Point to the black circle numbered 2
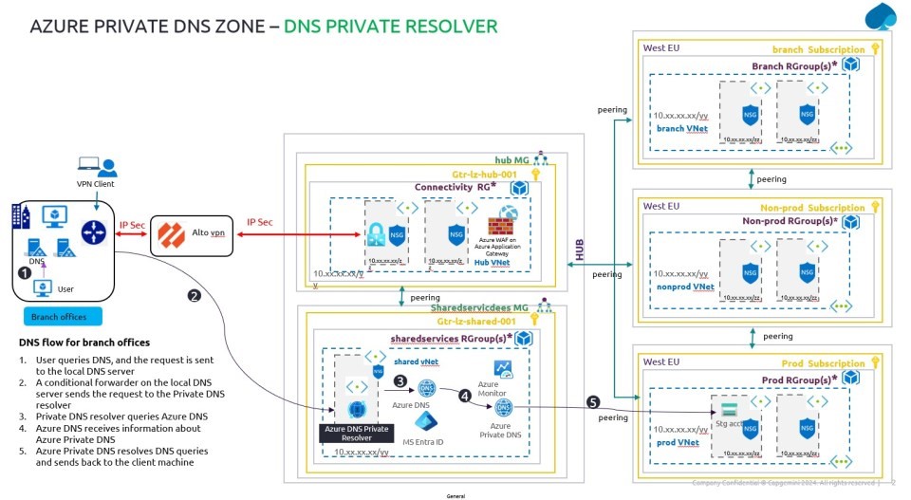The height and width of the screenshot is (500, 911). tap(194, 295)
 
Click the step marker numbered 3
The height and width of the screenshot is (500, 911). tap(400, 382)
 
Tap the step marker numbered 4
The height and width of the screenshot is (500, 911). tap(465, 396)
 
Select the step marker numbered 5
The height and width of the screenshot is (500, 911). tap(594, 401)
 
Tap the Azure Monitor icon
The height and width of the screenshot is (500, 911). tap(502, 369)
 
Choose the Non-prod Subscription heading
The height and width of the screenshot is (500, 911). tap(811, 207)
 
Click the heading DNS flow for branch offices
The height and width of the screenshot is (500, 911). tap(84, 343)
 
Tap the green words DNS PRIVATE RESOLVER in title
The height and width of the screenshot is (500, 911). tap(390, 26)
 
